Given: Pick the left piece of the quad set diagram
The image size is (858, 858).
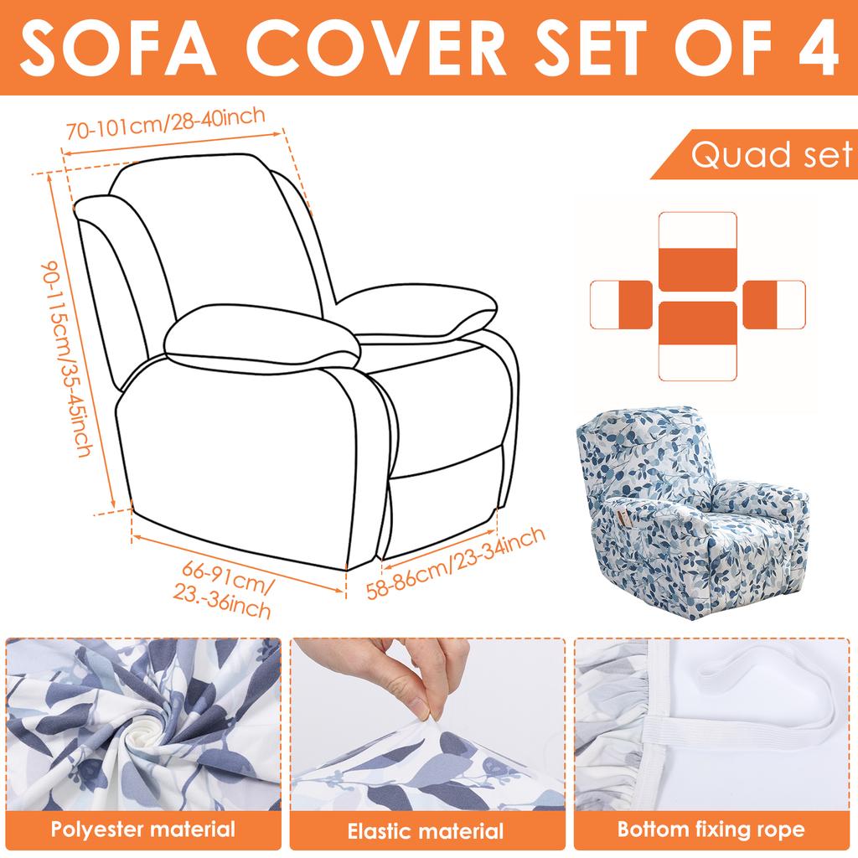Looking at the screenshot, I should click(x=622, y=303).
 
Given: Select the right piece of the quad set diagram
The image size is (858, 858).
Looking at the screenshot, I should click(x=773, y=303).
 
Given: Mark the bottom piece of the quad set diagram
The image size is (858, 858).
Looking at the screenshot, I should click(x=697, y=339).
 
